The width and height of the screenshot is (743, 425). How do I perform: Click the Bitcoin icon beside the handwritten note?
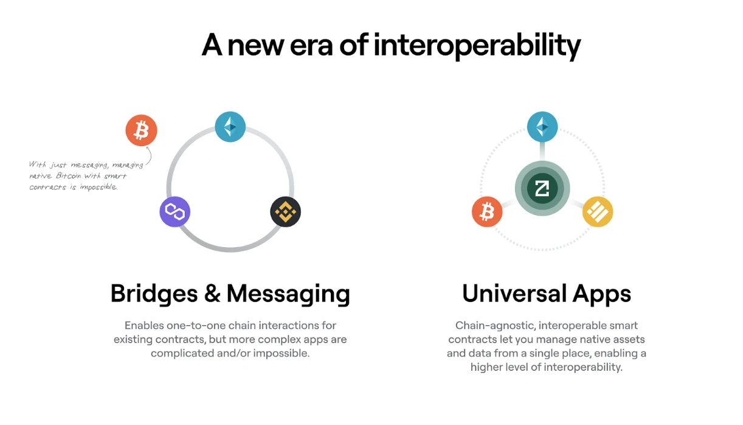coord(141,130)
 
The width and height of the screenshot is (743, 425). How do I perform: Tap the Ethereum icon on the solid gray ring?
coord(230,127)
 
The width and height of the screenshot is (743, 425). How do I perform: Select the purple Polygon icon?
coord(175,212)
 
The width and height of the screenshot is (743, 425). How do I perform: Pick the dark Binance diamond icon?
coord(286,212)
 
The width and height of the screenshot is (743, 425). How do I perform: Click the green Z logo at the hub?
coord(542,188)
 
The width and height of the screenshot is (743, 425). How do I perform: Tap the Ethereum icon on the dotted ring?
coord(542,127)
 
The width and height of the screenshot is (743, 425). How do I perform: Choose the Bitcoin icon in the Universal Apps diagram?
coord(487,212)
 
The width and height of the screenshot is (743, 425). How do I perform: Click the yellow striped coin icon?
coord(598,212)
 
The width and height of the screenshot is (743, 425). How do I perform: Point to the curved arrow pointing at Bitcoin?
coord(151,155)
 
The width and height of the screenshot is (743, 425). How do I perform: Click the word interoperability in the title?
coord(477,46)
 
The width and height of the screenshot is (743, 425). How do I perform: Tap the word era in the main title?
coord(311,46)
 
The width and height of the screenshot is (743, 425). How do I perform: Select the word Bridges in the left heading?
coord(154,293)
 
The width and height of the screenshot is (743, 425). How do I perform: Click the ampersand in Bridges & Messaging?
coord(212,293)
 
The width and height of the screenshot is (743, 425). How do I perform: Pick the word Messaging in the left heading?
coord(288,293)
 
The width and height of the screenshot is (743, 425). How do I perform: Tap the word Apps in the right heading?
coord(601,293)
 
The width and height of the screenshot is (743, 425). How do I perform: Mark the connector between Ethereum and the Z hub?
coord(542,152)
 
